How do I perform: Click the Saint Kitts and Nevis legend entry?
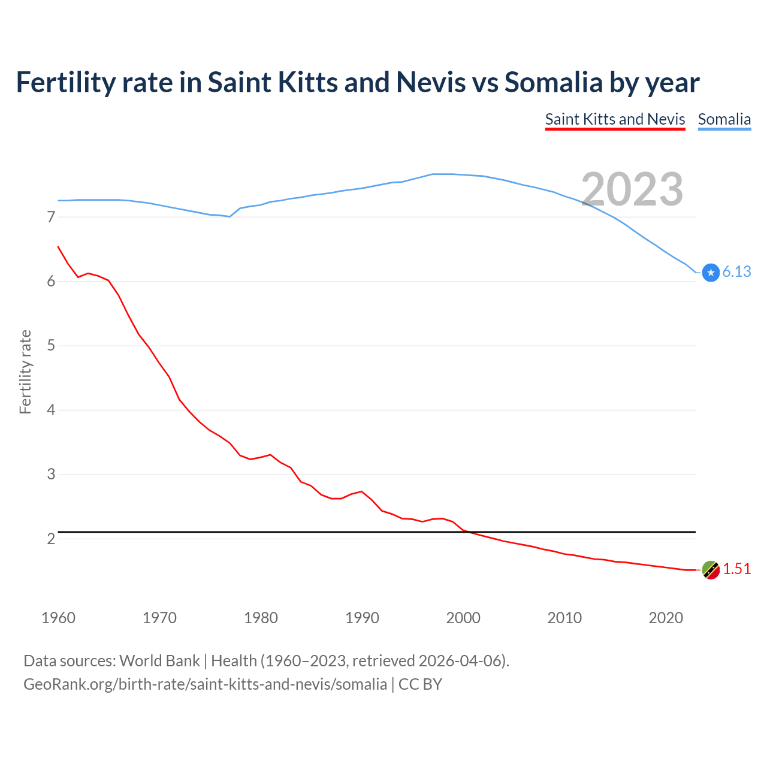(x=615, y=119)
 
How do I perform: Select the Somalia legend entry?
(x=724, y=119)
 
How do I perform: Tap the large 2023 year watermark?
(x=632, y=189)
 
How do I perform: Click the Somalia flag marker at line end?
(x=711, y=273)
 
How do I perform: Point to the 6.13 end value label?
(x=736, y=272)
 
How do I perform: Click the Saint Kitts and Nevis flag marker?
(x=711, y=570)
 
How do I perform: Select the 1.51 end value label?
(x=736, y=569)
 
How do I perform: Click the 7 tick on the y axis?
(x=51, y=217)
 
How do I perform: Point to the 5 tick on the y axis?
(x=51, y=346)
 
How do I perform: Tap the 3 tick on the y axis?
(x=51, y=475)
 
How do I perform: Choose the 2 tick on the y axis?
(x=51, y=539)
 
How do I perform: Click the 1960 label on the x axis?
(x=58, y=618)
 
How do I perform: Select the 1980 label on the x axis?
(x=261, y=618)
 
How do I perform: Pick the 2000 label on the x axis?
(x=463, y=618)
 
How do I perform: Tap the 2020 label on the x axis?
(x=666, y=618)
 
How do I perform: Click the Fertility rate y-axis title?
(x=25, y=372)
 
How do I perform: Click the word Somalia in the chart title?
(x=553, y=83)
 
